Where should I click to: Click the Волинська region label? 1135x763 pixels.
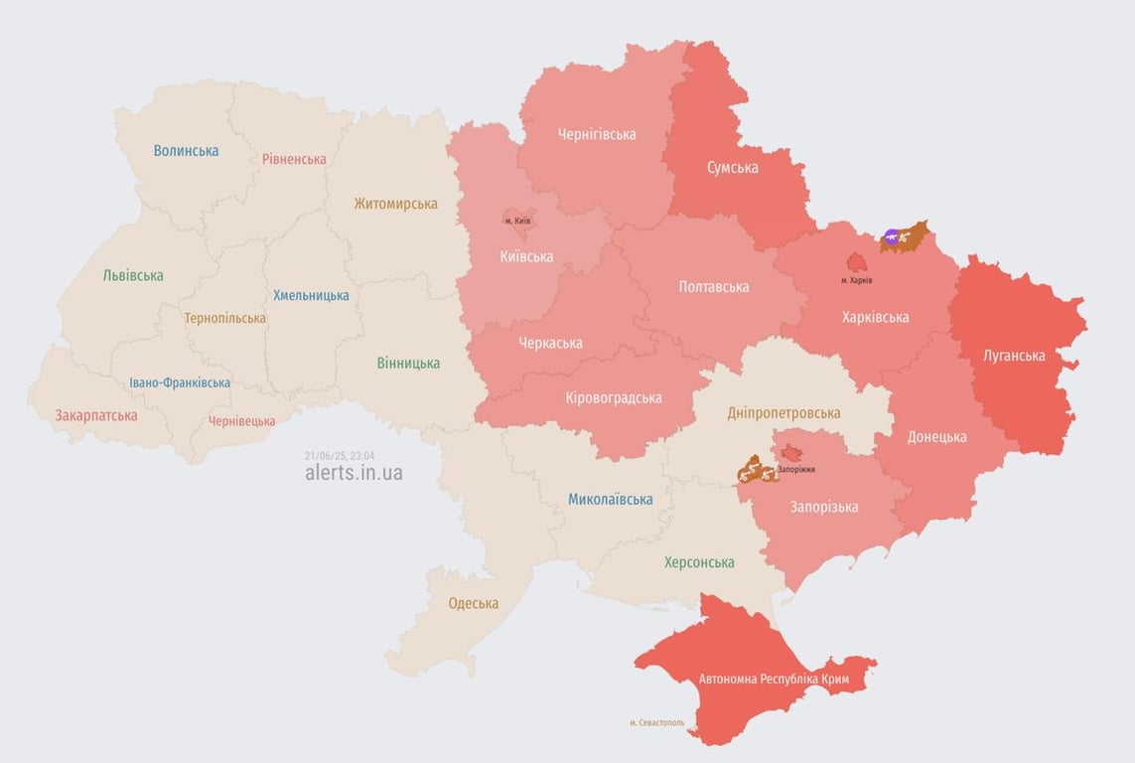point(186,151)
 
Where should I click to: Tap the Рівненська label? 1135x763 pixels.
point(294,159)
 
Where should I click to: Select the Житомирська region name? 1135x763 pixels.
point(395,204)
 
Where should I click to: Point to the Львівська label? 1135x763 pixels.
point(133,275)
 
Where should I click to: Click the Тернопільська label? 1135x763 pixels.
point(224,319)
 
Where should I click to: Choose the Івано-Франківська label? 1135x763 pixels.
point(180,382)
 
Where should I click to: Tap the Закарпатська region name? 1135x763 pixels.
point(96,415)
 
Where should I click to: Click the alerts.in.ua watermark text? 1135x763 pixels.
point(354,473)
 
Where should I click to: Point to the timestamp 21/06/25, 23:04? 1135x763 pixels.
point(340,455)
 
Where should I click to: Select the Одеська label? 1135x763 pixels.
point(474,603)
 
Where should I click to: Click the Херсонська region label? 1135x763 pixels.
point(700,562)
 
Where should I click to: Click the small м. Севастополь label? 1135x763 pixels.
point(656,722)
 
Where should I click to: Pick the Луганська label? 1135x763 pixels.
point(1014,355)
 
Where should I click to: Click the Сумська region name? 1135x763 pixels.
point(733,167)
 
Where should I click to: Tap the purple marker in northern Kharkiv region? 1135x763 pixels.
point(892,236)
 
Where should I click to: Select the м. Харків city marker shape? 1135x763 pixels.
point(856,262)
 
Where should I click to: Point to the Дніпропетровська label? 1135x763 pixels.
point(783,412)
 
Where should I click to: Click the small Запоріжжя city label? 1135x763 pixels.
point(796,468)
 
